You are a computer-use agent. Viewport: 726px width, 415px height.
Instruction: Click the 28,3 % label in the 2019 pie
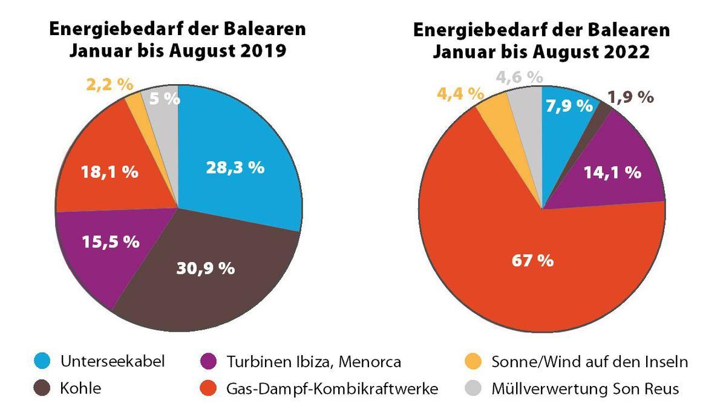point(235,168)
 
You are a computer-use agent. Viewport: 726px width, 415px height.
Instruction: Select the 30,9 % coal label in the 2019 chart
point(205,268)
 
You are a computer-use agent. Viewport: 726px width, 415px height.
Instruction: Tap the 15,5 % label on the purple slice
point(110,242)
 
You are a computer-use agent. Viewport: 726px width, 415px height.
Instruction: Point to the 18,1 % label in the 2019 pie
point(110,172)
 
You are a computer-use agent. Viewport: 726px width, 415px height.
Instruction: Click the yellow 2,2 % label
point(110,84)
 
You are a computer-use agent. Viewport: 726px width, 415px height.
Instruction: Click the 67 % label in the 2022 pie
point(533,261)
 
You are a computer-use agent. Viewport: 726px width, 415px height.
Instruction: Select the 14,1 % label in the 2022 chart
point(612,172)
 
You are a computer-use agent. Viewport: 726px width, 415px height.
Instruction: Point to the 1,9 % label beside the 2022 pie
point(630,96)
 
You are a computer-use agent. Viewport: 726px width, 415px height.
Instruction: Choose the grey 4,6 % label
point(518,77)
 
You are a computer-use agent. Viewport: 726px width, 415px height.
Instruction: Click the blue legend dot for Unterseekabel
point(42,362)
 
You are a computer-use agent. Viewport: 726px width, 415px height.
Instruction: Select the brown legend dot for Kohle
point(42,388)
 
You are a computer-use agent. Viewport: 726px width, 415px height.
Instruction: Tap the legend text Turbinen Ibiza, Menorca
point(314,362)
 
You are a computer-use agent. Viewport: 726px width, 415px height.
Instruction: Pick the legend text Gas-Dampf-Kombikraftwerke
point(332,388)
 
